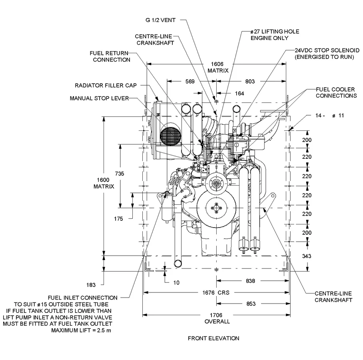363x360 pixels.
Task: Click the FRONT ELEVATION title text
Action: (213, 338)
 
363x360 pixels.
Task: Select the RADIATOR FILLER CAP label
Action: (106, 86)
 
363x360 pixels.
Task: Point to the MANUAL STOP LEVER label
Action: (99, 98)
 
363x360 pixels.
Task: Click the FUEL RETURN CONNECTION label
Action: (110, 56)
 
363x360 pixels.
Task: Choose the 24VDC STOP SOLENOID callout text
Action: (324, 54)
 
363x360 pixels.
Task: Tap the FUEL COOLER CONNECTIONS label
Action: (336, 93)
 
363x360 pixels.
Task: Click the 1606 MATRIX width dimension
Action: (218, 67)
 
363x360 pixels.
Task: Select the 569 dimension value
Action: (190, 82)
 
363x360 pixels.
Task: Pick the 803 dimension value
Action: (250, 82)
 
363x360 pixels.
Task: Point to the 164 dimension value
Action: (239, 94)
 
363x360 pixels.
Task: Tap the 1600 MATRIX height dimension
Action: (104, 183)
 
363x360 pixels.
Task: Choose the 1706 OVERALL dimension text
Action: (217, 318)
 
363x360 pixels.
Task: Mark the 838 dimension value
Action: (250, 281)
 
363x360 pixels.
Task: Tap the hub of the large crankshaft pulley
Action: (217, 208)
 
